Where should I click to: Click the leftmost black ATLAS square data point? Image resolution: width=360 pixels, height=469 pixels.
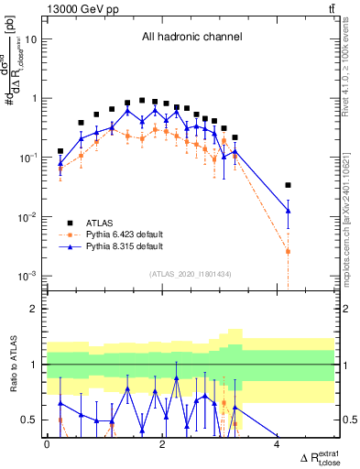60,151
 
